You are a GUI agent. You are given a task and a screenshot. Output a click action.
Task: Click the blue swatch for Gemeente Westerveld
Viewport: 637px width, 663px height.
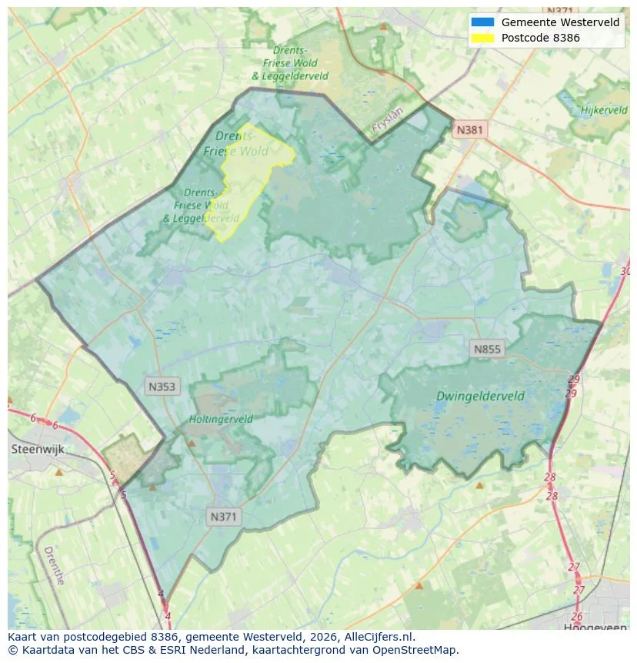pos(482,22)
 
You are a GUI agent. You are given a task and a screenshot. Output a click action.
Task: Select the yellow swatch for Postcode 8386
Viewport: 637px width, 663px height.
pos(482,37)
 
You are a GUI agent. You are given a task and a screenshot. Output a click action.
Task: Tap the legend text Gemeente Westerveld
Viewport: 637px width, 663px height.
pos(560,22)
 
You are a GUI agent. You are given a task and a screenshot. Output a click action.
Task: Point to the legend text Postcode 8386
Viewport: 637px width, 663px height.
pos(540,37)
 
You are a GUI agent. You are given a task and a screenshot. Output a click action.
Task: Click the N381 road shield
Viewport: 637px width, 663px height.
pos(469,129)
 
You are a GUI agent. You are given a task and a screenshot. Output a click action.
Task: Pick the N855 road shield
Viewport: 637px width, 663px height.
pos(487,349)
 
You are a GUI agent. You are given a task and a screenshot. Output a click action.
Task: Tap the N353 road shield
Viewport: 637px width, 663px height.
pos(162,387)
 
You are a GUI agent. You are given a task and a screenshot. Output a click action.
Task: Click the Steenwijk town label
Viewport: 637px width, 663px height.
pos(36,449)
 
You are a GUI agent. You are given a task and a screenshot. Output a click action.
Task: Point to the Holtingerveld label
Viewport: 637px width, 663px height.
pos(221,420)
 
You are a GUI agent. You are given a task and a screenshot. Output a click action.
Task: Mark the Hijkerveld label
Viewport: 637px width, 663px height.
pos(605,110)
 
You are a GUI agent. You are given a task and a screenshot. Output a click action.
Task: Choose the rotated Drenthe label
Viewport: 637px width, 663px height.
pos(54,565)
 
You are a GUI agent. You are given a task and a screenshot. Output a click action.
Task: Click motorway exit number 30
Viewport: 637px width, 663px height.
pos(625,271)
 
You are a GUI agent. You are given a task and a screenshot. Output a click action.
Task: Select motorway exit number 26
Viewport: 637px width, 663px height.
pos(577,616)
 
